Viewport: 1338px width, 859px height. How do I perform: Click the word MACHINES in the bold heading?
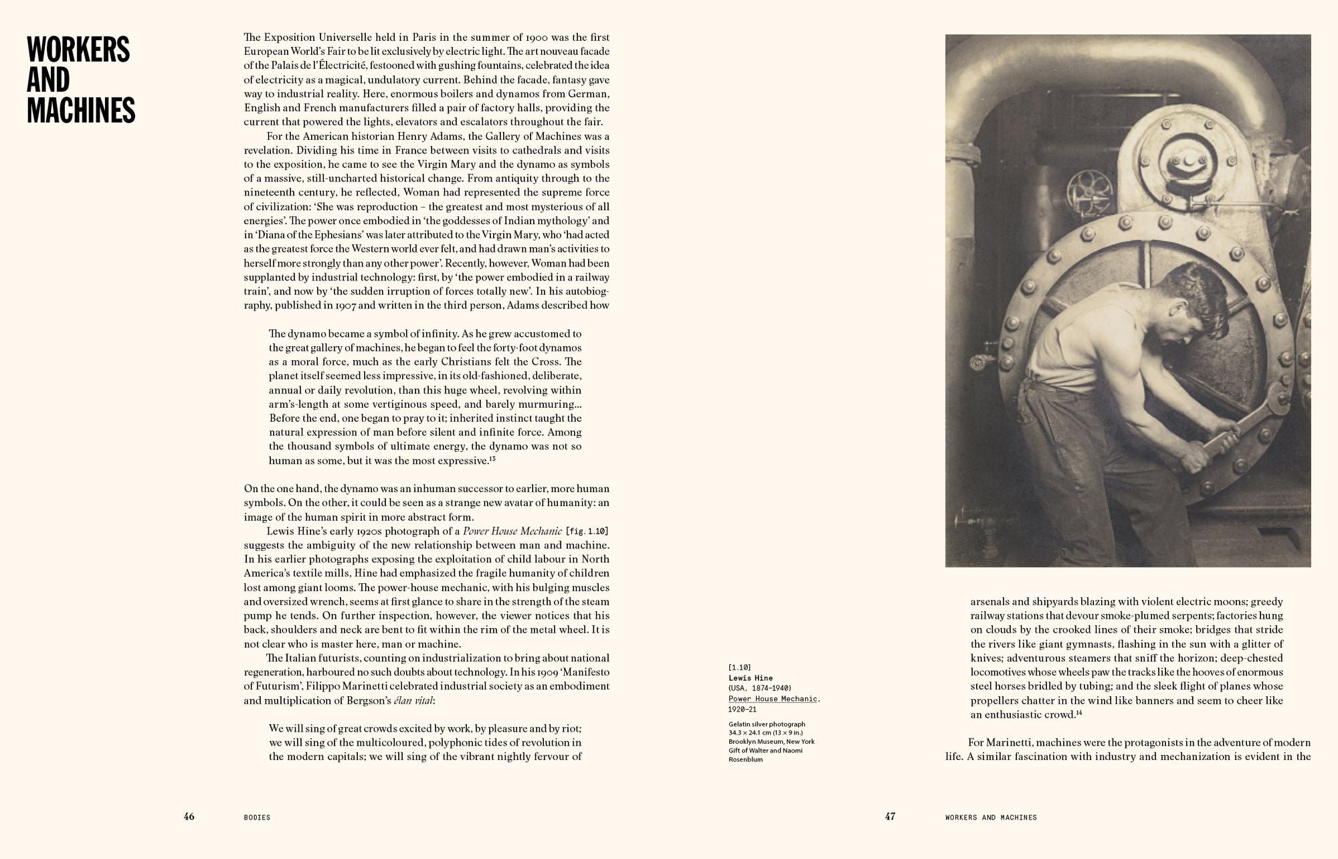coord(81,110)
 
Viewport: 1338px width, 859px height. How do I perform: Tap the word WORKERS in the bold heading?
coord(78,50)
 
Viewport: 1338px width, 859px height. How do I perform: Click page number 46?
coord(189,816)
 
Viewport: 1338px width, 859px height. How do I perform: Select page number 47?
coord(890,816)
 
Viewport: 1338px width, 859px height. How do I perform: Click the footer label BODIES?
coord(257,817)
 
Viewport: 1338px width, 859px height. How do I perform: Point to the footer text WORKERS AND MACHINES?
coord(991,817)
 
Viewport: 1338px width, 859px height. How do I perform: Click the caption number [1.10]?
coord(740,668)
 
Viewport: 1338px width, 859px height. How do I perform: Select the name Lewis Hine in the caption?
coord(751,678)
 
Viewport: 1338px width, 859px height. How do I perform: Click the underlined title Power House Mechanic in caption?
coord(773,699)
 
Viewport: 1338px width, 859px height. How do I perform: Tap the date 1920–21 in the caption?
coord(743,709)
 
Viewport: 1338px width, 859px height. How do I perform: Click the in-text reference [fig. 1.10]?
coord(587,532)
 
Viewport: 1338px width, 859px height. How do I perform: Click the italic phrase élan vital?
coord(413,700)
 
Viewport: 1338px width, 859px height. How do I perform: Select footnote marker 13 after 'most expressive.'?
coord(492,459)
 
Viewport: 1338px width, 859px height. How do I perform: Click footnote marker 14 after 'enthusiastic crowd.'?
coord(1079,713)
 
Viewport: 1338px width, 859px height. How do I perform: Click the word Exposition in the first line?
coord(288,37)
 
